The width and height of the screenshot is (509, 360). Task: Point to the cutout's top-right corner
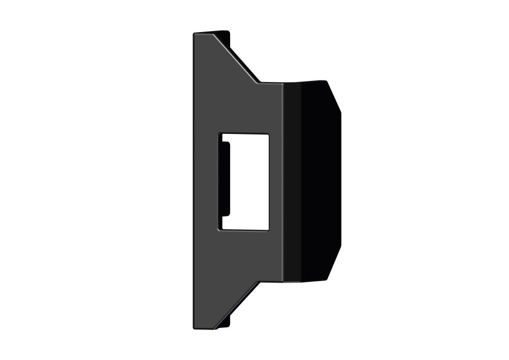tap(268, 134)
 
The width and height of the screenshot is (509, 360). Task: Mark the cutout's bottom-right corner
tap(268, 230)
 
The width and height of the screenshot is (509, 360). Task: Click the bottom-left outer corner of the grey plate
tap(194, 327)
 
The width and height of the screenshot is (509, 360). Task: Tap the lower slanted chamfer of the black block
tap(333, 265)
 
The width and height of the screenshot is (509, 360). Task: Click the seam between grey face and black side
tap(284, 181)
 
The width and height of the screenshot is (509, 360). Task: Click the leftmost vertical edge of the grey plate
tap(193, 181)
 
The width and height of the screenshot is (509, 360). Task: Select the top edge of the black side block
tap(305, 81)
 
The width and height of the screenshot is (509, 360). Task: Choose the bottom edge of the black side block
tap(305, 281)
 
